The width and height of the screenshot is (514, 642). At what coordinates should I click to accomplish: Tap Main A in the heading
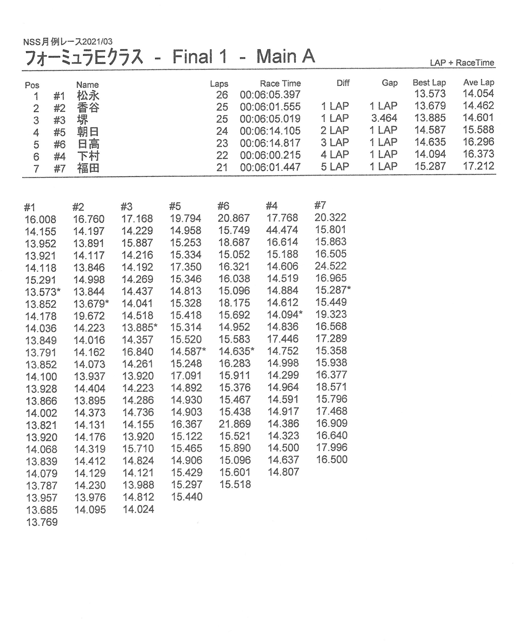pyautogui.click(x=285, y=56)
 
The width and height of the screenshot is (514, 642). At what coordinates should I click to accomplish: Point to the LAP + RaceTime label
pyautogui.click(x=462, y=63)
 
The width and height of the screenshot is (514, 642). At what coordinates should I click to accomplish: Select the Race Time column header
pyautogui.click(x=280, y=83)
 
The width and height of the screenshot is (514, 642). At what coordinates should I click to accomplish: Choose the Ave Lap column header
pyautogui.click(x=478, y=82)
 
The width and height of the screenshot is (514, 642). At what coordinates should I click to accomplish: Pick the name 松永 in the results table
pyautogui.click(x=88, y=96)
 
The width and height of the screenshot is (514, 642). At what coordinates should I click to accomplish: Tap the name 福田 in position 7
pyautogui.click(x=88, y=168)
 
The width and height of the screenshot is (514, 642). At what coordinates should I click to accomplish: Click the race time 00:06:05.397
pyautogui.click(x=270, y=95)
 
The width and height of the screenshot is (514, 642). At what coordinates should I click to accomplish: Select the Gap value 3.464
pyautogui.click(x=384, y=118)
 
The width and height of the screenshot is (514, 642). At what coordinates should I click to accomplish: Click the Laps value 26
pyautogui.click(x=222, y=95)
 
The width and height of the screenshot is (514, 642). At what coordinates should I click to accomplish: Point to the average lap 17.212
pyautogui.click(x=478, y=166)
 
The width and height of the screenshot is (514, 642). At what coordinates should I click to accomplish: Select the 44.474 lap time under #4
pyautogui.click(x=282, y=230)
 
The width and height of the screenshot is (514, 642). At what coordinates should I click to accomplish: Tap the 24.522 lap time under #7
pyautogui.click(x=330, y=266)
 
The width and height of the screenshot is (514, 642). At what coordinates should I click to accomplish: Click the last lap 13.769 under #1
pyautogui.click(x=42, y=522)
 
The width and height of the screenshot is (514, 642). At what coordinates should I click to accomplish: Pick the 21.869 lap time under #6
pyautogui.click(x=235, y=424)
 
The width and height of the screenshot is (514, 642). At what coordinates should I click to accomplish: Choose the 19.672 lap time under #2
pyautogui.click(x=89, y=316)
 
